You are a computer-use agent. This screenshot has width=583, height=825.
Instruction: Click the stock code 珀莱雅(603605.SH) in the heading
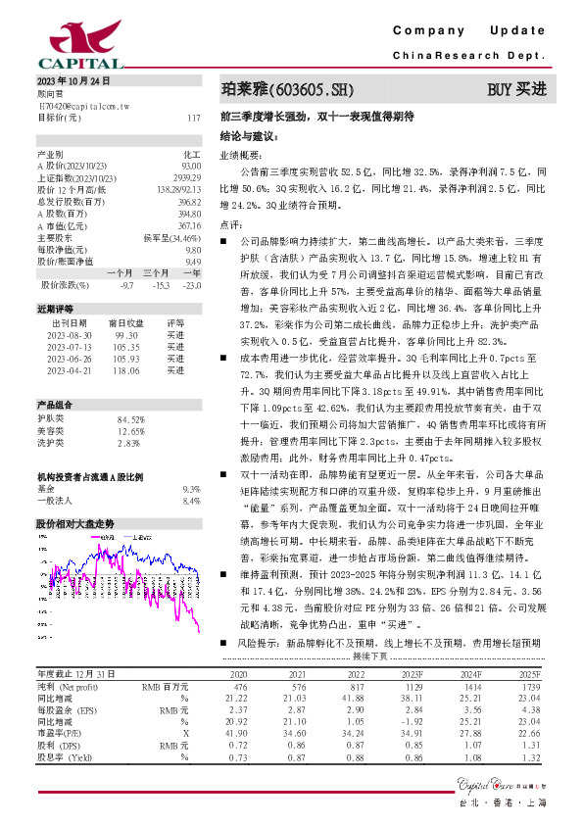click(285, 89)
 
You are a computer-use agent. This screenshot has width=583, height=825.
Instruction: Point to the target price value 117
click(193, 118)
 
